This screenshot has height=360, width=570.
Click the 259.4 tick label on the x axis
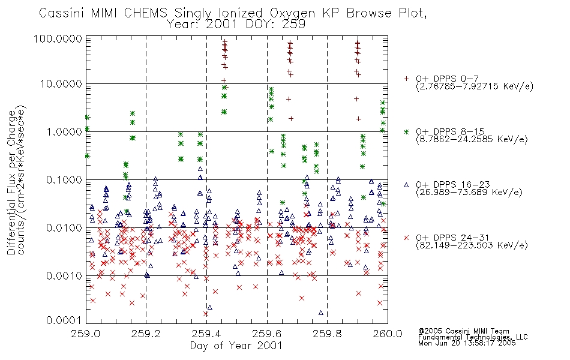coord(206,334)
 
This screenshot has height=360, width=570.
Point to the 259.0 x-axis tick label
coord(86,334)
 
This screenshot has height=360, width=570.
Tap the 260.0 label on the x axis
coord(388,334)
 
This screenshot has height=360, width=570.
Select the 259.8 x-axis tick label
coord(327,334)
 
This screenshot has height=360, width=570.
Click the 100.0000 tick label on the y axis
coord(58,38)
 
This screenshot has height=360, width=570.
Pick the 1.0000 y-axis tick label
coord(64,131)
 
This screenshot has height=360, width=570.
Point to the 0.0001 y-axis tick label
coord(64,320)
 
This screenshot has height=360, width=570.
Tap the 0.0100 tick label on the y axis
coord(64,228)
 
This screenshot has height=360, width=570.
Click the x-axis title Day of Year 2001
coord(236,346)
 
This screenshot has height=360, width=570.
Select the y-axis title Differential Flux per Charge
coord(12,182)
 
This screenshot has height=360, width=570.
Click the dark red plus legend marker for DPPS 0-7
coord(406,78)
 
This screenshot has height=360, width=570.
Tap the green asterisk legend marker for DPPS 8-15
coord(406,131)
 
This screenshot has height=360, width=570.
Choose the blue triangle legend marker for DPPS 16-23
coord(406,185)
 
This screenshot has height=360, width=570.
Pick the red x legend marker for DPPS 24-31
coord(406,238)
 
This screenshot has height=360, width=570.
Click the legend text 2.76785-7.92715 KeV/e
coord(475,86)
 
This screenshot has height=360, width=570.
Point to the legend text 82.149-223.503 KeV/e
coord(472,245)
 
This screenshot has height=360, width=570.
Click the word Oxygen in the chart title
coord(292,13)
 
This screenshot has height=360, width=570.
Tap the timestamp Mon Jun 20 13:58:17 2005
coord(467,343)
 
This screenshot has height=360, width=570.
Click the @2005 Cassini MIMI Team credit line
coord(463,331)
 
